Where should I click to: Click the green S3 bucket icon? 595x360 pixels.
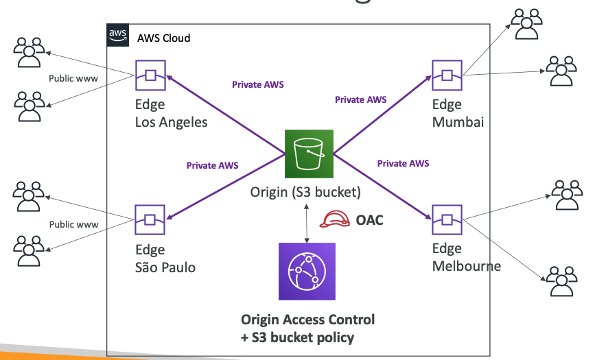pyautogui.click(x=309, y=154)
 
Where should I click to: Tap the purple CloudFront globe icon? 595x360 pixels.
pyautogui.click(x=307, y=272)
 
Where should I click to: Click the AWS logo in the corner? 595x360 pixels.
pyautogui.click(x=117, y=35)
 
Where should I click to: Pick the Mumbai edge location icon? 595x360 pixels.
pyautogui.click(x=446, y=75)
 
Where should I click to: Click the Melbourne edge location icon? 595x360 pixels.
pyautogui.click(x=446, y=219)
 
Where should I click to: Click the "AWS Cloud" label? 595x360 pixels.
pyautogui.click(x=164, y=38)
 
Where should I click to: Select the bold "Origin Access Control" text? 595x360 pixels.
pyautogui.click(x=307, y=320)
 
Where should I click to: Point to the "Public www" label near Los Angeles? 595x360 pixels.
pyautogui.click(x=73, y=78)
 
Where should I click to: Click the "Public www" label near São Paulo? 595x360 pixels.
pyautogui.click(x=73, y=224)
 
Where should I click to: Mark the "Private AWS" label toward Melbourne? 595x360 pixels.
pyautogui.click(x=403, y=163)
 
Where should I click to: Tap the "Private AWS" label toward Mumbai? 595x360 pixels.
pyautogui.click(x=360, y=99)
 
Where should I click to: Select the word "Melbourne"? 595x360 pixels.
pyautogui.click(x=467, y=266)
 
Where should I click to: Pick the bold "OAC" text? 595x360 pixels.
pyautogui.click(x=370, y=220)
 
